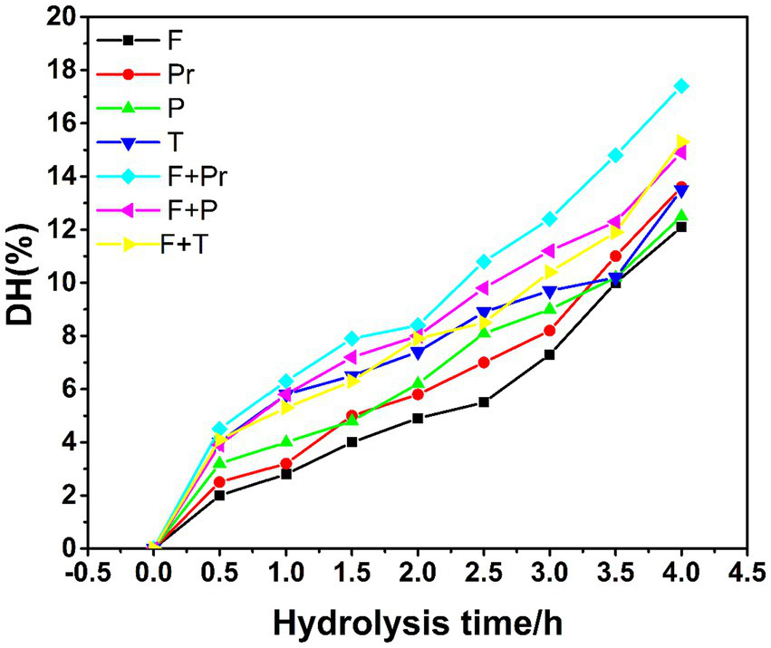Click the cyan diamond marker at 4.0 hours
681,86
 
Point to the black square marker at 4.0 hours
681,227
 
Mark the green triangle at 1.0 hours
286,441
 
